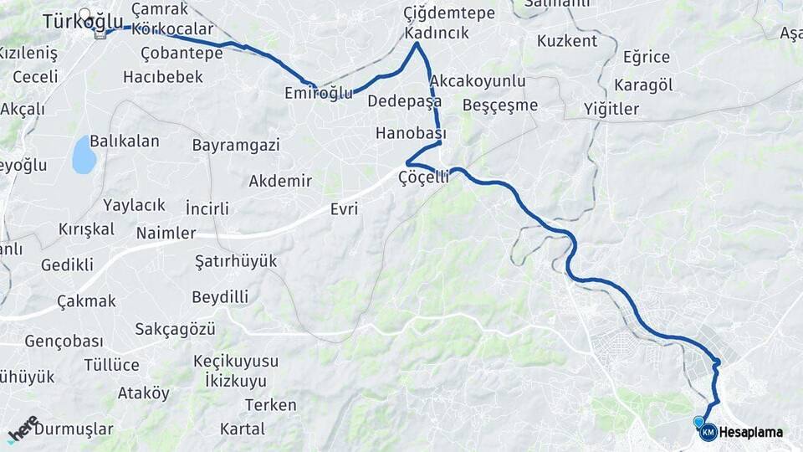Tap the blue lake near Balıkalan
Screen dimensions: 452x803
pos(84,155)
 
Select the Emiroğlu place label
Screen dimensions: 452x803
pos(319,93)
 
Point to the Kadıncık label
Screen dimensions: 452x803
pos(436,33)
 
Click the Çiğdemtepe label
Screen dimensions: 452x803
pos(449,13)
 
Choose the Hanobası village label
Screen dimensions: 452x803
pos(411,133)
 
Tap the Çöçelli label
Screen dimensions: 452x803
pos(424,177)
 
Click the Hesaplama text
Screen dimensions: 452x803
pos(751,433)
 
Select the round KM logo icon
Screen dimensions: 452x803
pos(708,432)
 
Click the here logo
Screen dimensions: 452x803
pos(23,429)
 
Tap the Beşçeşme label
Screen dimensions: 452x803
pos(500,105)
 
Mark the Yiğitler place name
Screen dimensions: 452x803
pos(611,109)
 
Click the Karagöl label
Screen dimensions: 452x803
pos(643,85)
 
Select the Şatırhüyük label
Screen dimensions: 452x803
pos(235,261)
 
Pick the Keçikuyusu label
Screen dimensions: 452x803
pos(235,361)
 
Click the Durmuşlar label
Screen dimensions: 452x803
pos(74,429)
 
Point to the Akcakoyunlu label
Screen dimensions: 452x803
pos(478,80)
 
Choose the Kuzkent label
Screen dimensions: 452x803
pos(567,41)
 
